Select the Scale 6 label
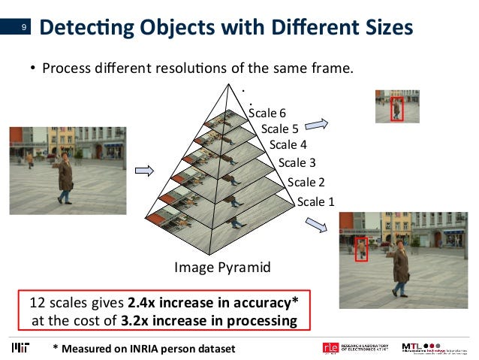click(x=267, y=113)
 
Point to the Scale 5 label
click(x=279, y=129)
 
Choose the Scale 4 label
click(x=288, y=144)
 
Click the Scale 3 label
click(x=297, y=162)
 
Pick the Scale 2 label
click(x=306, y=182)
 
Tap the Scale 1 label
click(x=315, y=201)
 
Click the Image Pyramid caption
click(x=222, y=267)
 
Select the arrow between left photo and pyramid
click(x=143, y=171)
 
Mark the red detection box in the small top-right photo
click(x=397, y=109)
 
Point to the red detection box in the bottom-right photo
click(x=362, y=249)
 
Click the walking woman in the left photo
click(x=66, y=177)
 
